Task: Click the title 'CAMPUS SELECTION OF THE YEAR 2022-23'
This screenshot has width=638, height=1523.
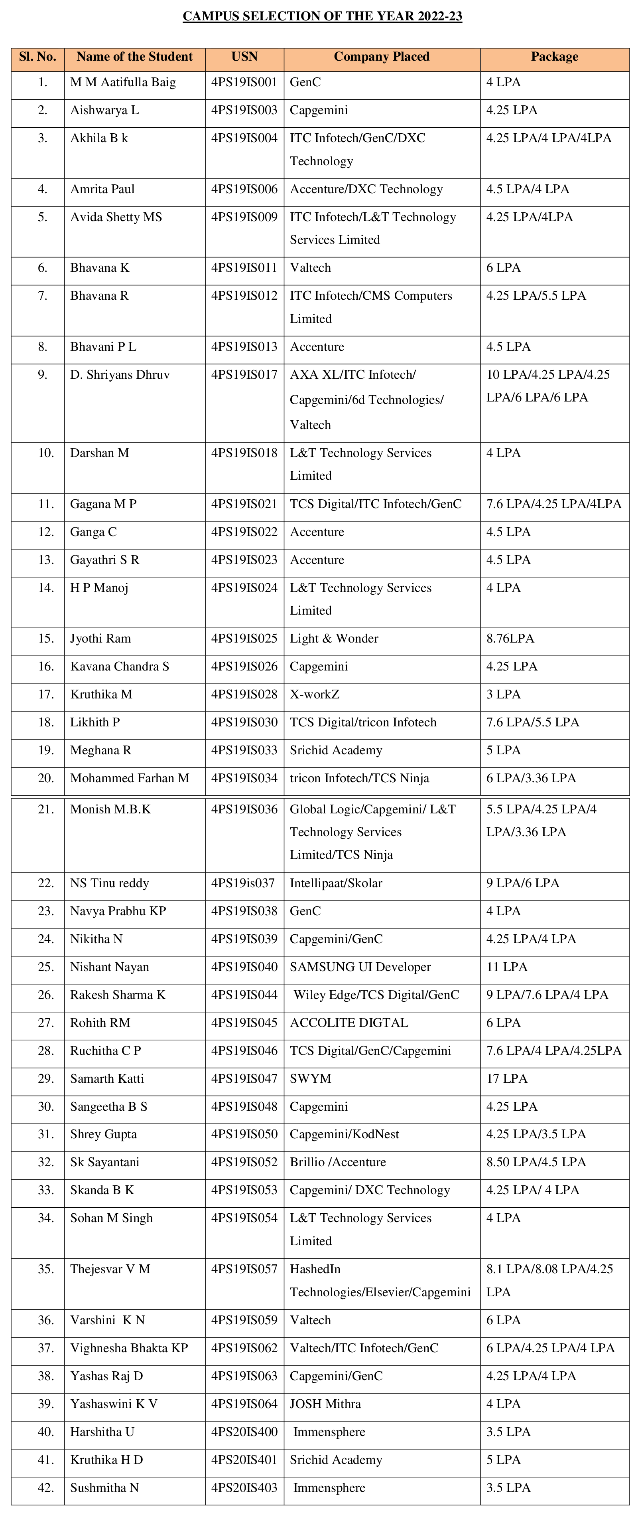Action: (x=322, y=16)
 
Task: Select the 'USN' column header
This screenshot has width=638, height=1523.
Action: (x=244, y=57)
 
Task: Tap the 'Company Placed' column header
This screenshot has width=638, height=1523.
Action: (x=382, y=57)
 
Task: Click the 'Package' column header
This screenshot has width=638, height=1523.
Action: (x=554, y=57)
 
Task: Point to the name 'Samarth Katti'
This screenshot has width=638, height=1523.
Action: (x=107, y=1079)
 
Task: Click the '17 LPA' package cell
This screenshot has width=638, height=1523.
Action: (x=506, y=1079)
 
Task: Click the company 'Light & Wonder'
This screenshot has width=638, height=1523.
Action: (x=334, y=639)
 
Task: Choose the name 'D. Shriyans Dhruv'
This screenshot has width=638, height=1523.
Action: (x=120, y=375)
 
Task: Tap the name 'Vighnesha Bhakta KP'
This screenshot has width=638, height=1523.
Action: (x=129, y=1348)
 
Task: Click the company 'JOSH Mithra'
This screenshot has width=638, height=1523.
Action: (x=325, y=1404)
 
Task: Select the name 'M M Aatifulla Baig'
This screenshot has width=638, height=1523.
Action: (x=123, y=83)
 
